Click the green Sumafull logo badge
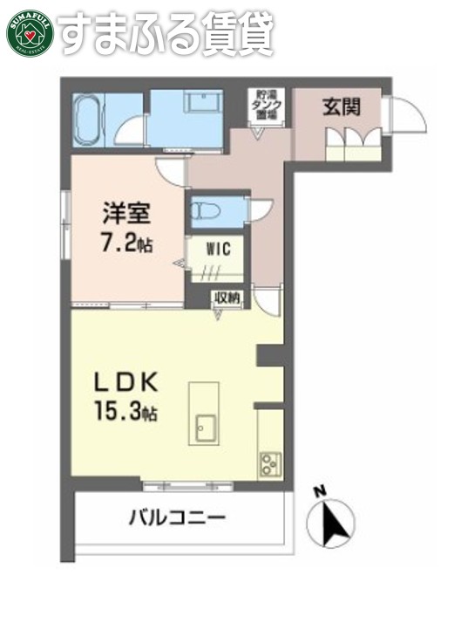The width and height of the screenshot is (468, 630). click(31, 32)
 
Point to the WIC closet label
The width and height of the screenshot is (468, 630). click(218, 249)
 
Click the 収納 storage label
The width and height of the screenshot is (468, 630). click(229, 298)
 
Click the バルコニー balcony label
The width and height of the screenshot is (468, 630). click(178, 518)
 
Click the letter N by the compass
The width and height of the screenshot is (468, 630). click(320, 490)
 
